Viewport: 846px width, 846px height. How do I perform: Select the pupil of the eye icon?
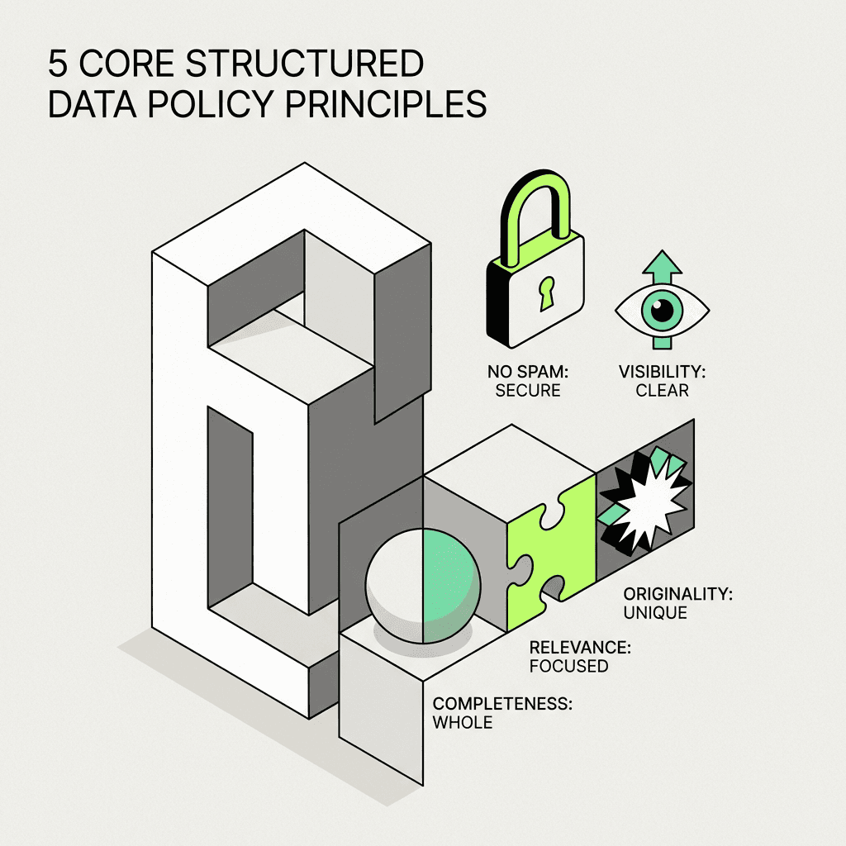pyautogui.click(x=662, y=311)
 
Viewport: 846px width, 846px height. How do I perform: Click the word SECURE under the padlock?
pyautogui.click(x=528, y=390)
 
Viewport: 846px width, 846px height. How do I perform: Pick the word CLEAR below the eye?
pyautogui.click(x=663, y=390)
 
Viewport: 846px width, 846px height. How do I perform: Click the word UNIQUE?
pyautogui.click(x=656, y=612)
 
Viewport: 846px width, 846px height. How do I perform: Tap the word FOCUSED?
pyautogui.click(x=568, y=666)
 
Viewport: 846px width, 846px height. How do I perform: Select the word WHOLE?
pyautogui.click(x=463, y=723)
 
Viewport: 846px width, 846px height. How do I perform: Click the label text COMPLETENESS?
pyautogui.click(x=503, y=705)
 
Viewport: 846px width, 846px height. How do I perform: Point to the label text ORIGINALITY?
pyautogui.click(x=678, y=594)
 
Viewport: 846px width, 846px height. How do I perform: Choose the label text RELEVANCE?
pyautogui.click(x=580, y=648)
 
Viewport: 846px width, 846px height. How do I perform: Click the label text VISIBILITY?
pyautogui.click(x=663, y=372)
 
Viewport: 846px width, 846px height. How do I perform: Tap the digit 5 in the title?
pyautogui.click(x=59, y=64)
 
